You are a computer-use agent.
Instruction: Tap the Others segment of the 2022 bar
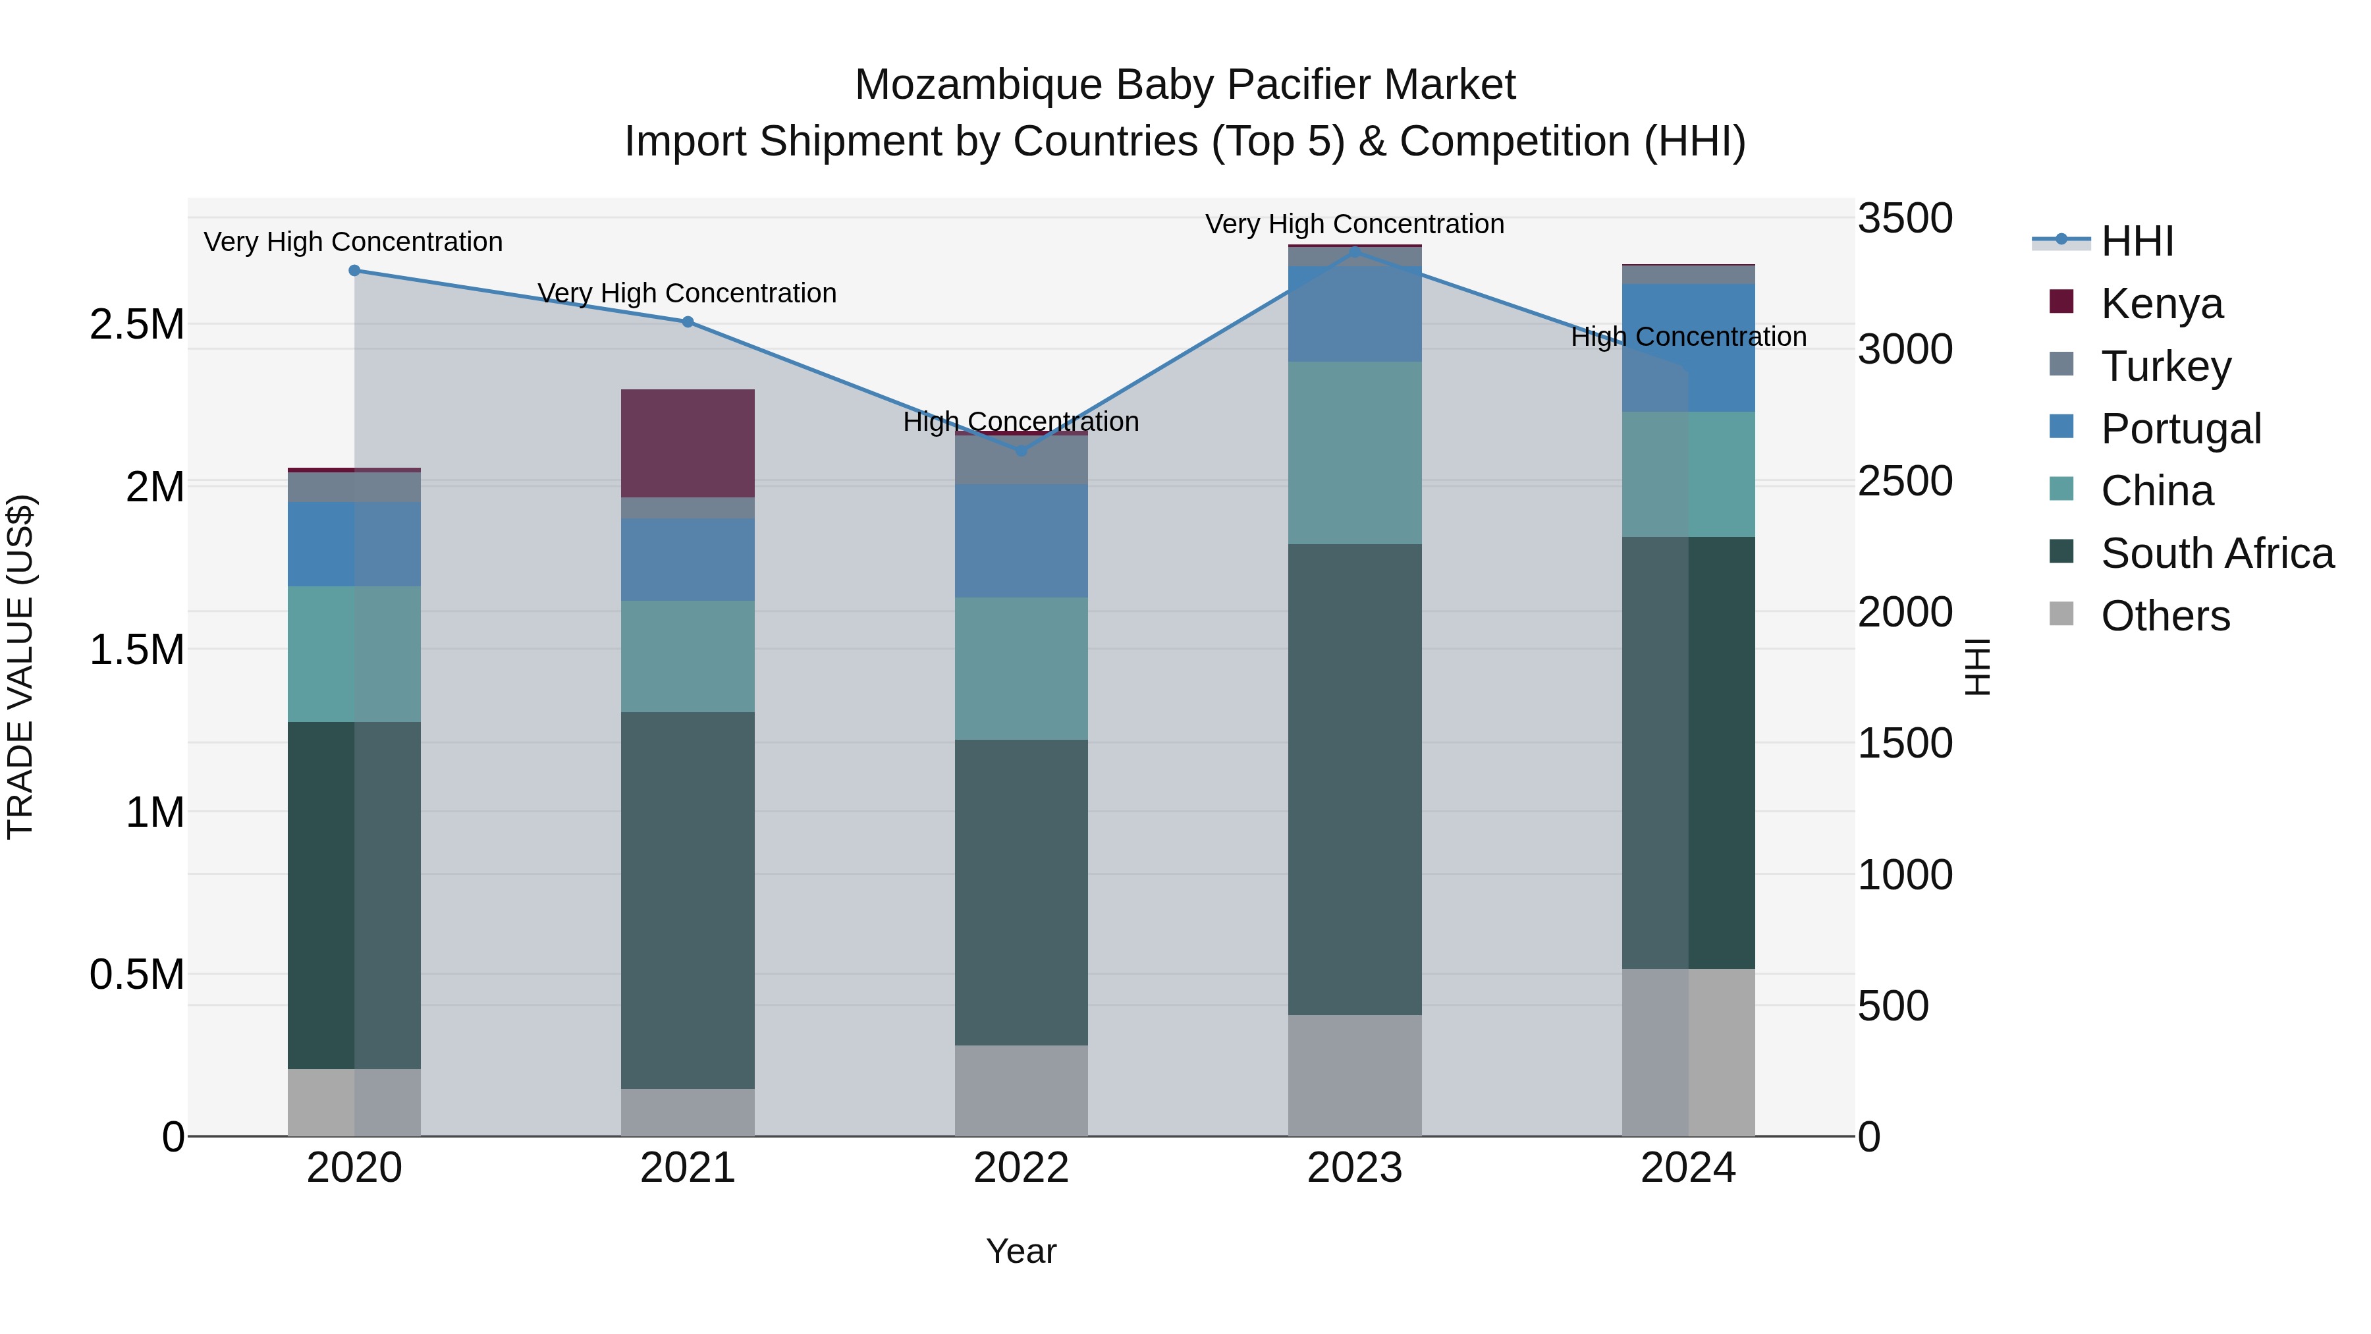[x=1021, y=1090]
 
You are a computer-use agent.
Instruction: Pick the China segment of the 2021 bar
[x=688, y=655]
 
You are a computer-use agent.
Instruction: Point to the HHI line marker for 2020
[x=354, y=271]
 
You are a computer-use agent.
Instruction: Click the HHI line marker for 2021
[x=688, y=322]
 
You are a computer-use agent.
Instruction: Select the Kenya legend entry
[x=2161, y=304]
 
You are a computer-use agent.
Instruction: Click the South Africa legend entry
[x=2216, y=553]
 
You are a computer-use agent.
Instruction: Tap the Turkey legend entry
[x=2166, y=366]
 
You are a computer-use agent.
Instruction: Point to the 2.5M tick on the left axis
[x=136, y=325]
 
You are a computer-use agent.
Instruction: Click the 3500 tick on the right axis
[x=1904, y=219]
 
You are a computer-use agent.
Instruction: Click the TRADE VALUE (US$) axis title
[x=20, y=667]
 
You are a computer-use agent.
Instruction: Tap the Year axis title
[x=1021, y=1251]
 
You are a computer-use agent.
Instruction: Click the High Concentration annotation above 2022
[x=1021, y=422]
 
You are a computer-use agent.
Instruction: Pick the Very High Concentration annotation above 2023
[x=1354, y=224]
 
